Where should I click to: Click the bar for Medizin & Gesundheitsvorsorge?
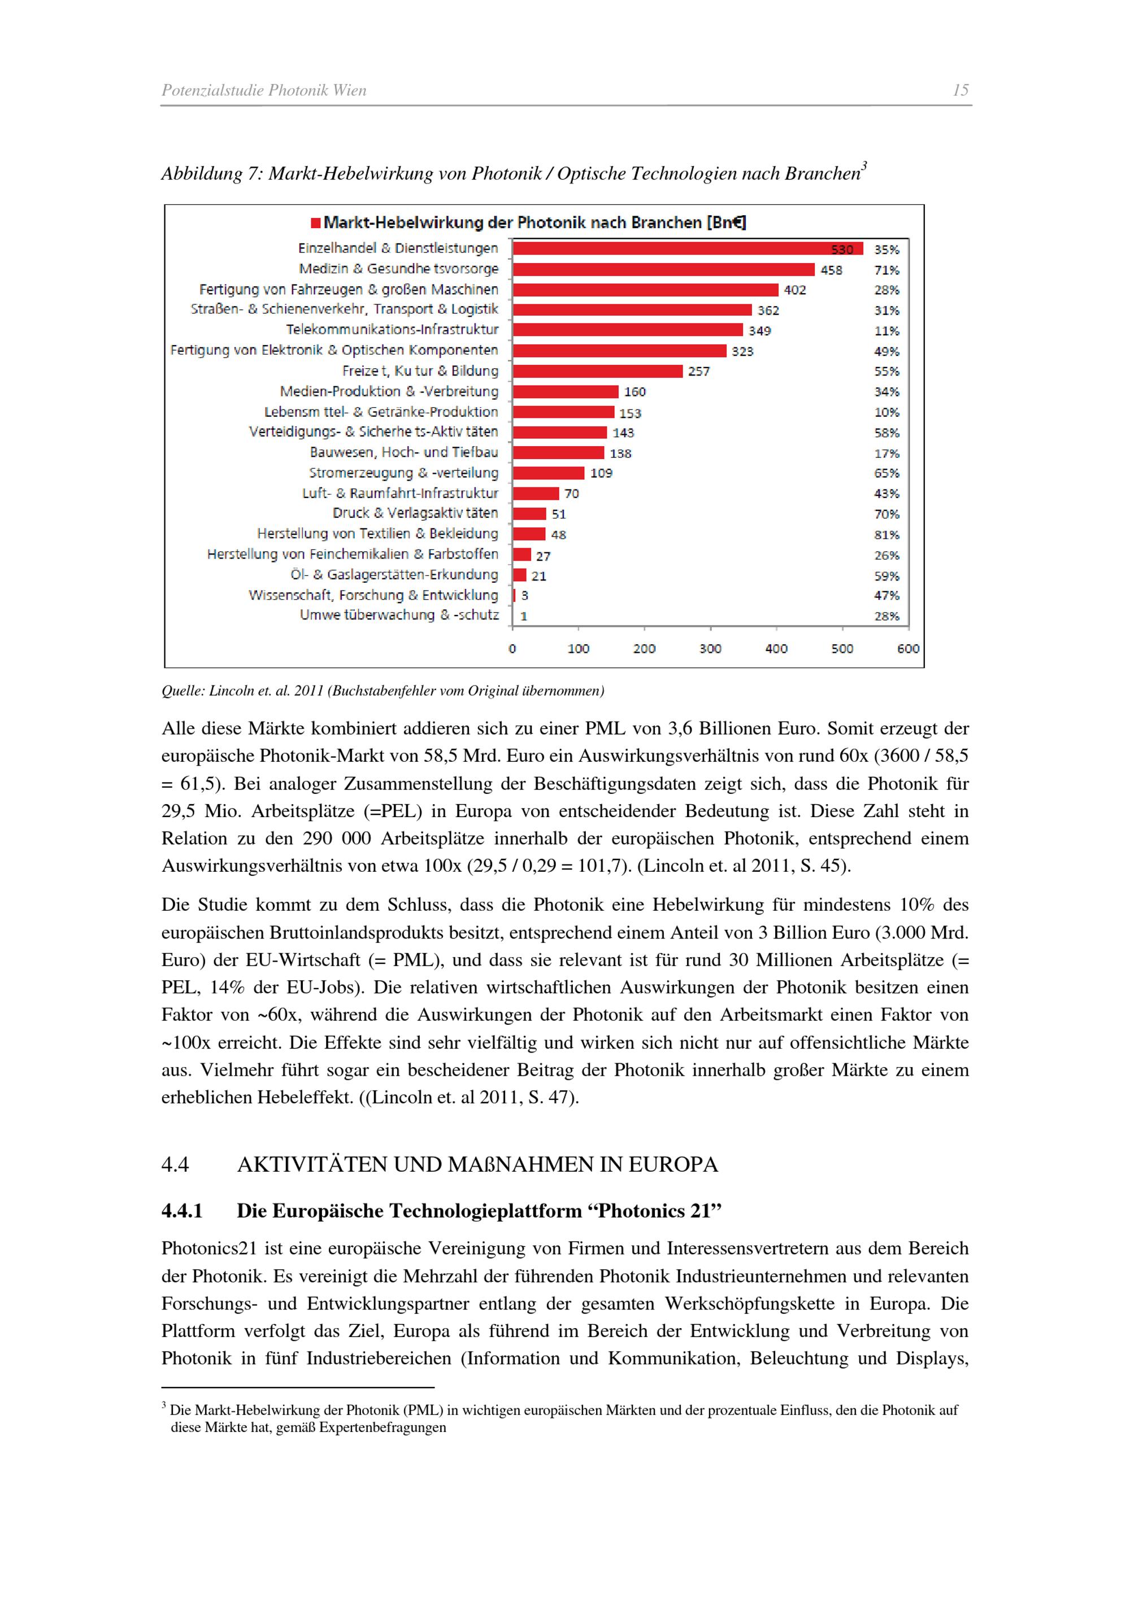[x=663, y=269]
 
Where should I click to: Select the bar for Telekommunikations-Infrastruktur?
[x=627, y=330]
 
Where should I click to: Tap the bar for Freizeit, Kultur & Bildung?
[x=597, y=371]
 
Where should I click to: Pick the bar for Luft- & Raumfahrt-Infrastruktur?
[x=536, y=494]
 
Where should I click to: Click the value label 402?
[x=794, y=290]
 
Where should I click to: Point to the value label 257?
[x=698, y=372]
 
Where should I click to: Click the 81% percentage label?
[x=886, y=535]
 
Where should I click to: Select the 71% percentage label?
[x=886, y=270]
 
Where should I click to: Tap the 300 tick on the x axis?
[x=710, y=649]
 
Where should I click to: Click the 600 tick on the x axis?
[x=908, y=649]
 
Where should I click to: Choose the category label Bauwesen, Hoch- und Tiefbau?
[x=404, y=452]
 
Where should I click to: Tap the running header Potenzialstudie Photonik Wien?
[x=264, y=90]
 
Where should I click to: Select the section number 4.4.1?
[x=182, y=1211]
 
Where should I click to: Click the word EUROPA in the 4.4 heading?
[x=672, y=1164]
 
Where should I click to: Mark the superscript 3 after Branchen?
[x=864, y=165]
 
